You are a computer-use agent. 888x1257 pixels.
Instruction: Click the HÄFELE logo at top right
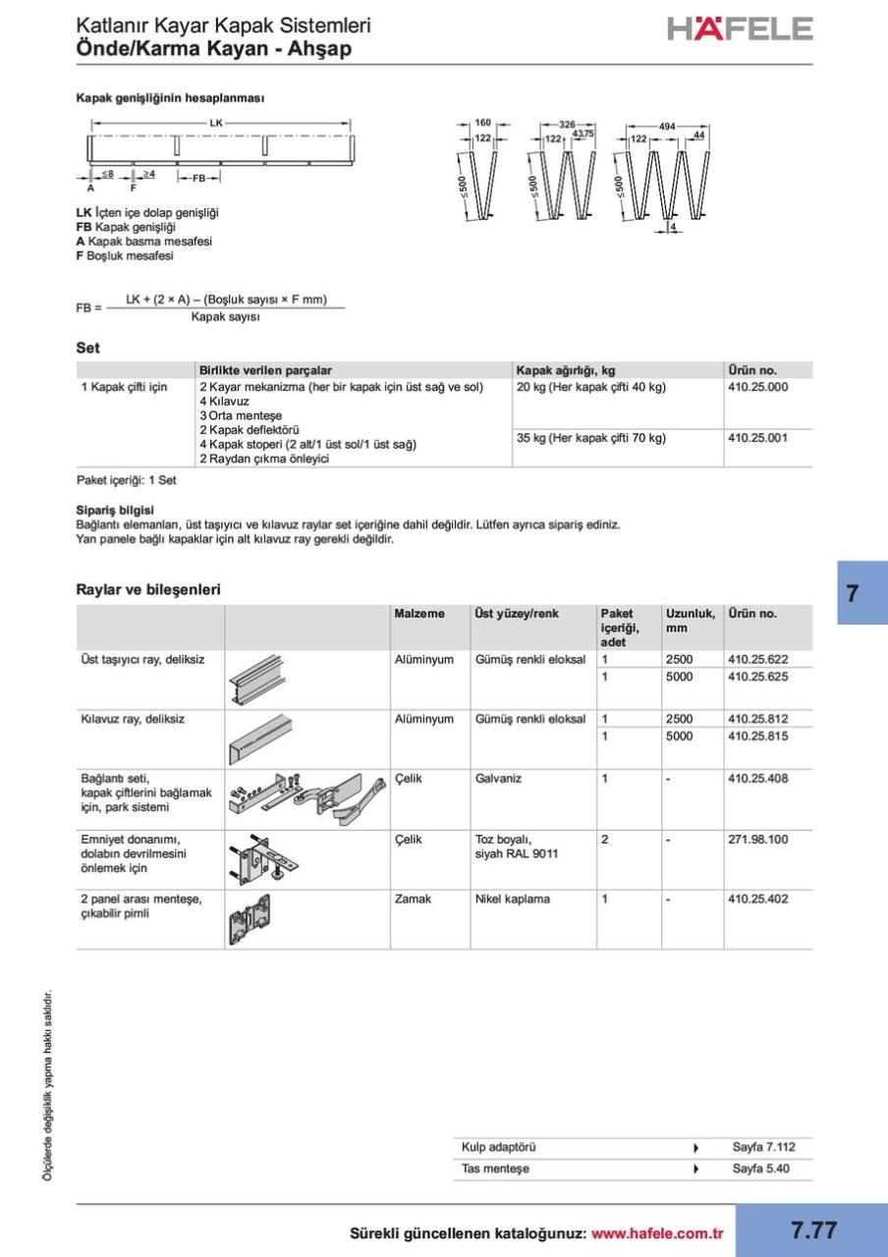pyautogui.click(x=740, y=29)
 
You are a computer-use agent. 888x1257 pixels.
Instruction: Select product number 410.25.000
pyautogui.click(x=757, y=387)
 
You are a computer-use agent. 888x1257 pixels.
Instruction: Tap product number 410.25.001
pyautogui.click(x=757, y=438)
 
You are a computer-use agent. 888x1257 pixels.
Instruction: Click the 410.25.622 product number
pyautogui.click(x=757, y=660)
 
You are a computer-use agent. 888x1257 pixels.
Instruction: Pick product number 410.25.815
pyautogui.click(x=757, y=737)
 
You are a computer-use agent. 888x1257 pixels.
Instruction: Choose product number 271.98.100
pyautogui.click(x=757, y=840)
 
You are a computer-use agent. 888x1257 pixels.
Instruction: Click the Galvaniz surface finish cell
pyautogui.click(x=498, y=779)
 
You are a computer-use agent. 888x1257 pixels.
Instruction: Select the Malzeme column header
pyautogui.click(x=418, y=614)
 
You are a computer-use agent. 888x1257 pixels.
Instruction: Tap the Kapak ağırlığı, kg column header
pyautogui.click(x=566, y=370)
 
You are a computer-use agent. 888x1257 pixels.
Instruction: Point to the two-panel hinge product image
pyautogui.click(x=254, y=919)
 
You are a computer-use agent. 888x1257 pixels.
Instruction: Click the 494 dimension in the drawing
pyautogui.click(x=666, y=127)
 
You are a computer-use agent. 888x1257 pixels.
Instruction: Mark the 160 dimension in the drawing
pyautogui.click(x=482, y=123)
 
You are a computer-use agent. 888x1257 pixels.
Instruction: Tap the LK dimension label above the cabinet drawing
pyautogui.click(x=217, y=123)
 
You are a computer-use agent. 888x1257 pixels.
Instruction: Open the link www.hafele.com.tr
pyautogui.click(x=657, y=1233)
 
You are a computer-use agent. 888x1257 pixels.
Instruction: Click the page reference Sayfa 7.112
pyautogui.click(x=763, y=1147)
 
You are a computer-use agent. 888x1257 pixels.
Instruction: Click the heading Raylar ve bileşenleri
pyautogui.click(x=148, y=589)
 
